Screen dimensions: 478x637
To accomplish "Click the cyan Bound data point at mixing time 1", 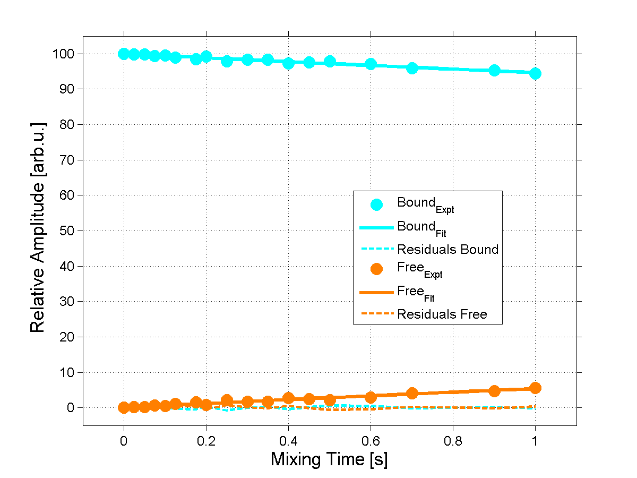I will tap(535, 73).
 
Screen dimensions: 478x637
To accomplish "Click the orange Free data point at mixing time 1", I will tap(535, 388).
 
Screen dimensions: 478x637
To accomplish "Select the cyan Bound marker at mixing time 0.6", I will tap(371, 64).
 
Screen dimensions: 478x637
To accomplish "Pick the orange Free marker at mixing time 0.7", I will tap(412, 393).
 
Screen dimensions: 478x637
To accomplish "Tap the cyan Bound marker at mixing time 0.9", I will tap(494, 70).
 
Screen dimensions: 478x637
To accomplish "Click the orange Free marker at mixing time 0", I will tap(124, 407).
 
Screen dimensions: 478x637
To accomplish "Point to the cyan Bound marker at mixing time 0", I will tap(124, 54).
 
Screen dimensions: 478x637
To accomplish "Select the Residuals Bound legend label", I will tap(447, 249).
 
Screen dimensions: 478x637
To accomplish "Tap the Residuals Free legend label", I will tap(442, 314).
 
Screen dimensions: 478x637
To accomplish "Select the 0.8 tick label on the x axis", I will tap(453, 439).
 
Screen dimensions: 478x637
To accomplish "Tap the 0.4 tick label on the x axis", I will tap(288, 439).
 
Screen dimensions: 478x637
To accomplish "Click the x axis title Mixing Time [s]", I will tap(329, 459).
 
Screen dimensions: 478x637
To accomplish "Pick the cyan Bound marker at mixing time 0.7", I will tap(412, 68).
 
